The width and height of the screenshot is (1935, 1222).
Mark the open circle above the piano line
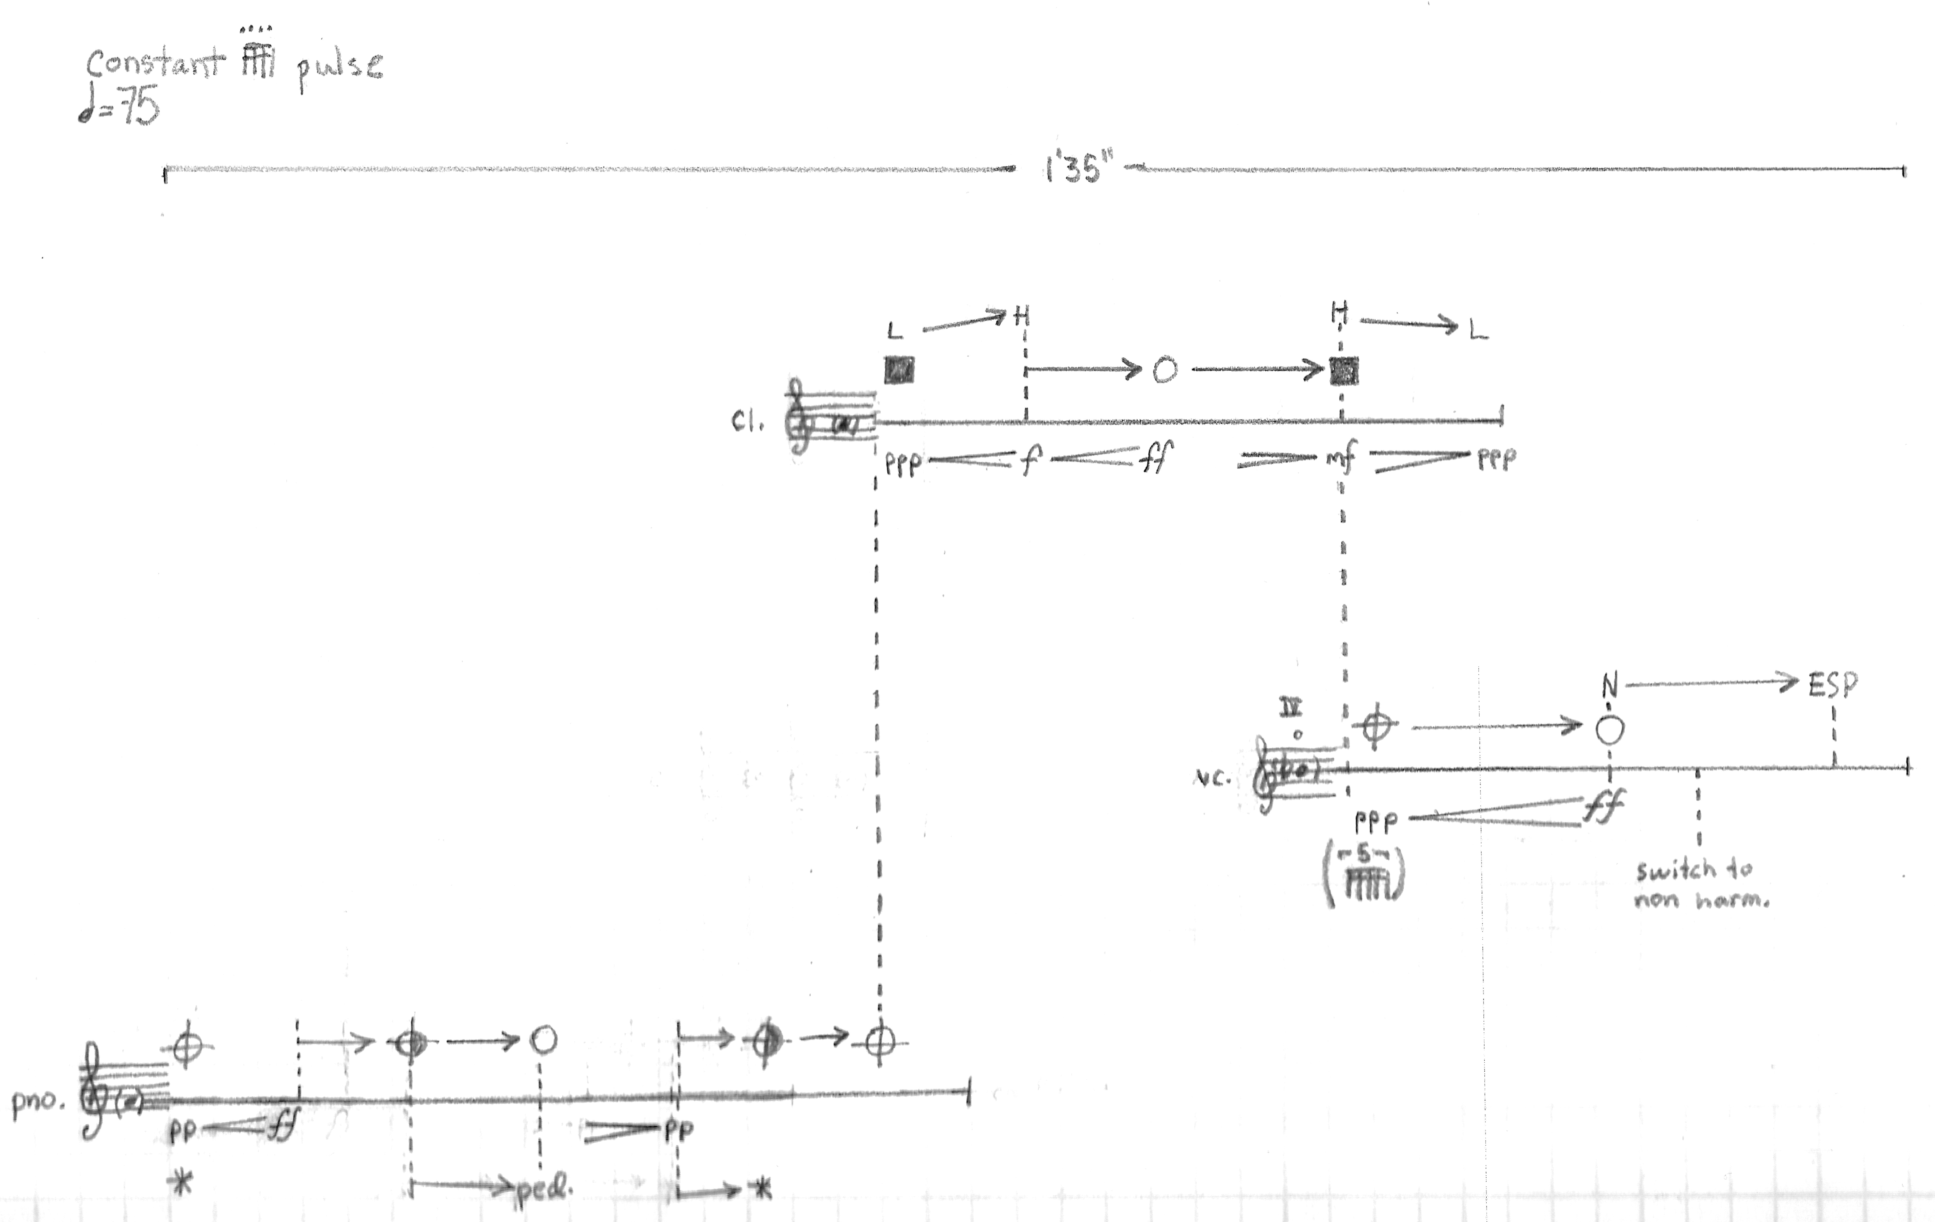(543, 1040)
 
